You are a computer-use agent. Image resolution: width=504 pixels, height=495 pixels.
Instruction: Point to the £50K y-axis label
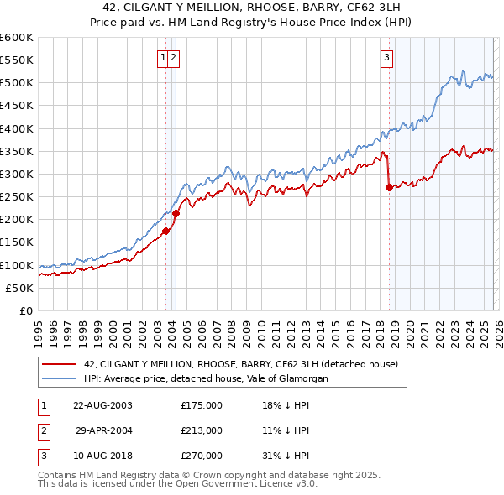[19, 288]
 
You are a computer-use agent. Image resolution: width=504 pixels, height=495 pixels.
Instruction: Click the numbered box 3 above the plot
[386, 58]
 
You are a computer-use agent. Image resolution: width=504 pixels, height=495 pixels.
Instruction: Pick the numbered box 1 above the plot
[161, 58]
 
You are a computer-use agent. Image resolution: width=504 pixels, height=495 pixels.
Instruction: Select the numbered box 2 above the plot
[173, 58]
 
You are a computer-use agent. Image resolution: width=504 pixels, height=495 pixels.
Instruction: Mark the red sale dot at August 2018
[389, 188]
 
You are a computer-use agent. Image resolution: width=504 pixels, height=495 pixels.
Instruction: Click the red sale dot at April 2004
[176, 214]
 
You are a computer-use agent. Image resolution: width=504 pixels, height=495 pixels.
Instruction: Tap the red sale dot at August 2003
[166, 231]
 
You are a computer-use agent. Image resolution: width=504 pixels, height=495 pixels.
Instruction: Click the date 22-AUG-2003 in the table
[102, 404]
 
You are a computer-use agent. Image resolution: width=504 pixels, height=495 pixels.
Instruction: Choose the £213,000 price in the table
[201, 430]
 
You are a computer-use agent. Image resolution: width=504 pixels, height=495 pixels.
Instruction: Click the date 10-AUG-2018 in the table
[102, 456]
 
